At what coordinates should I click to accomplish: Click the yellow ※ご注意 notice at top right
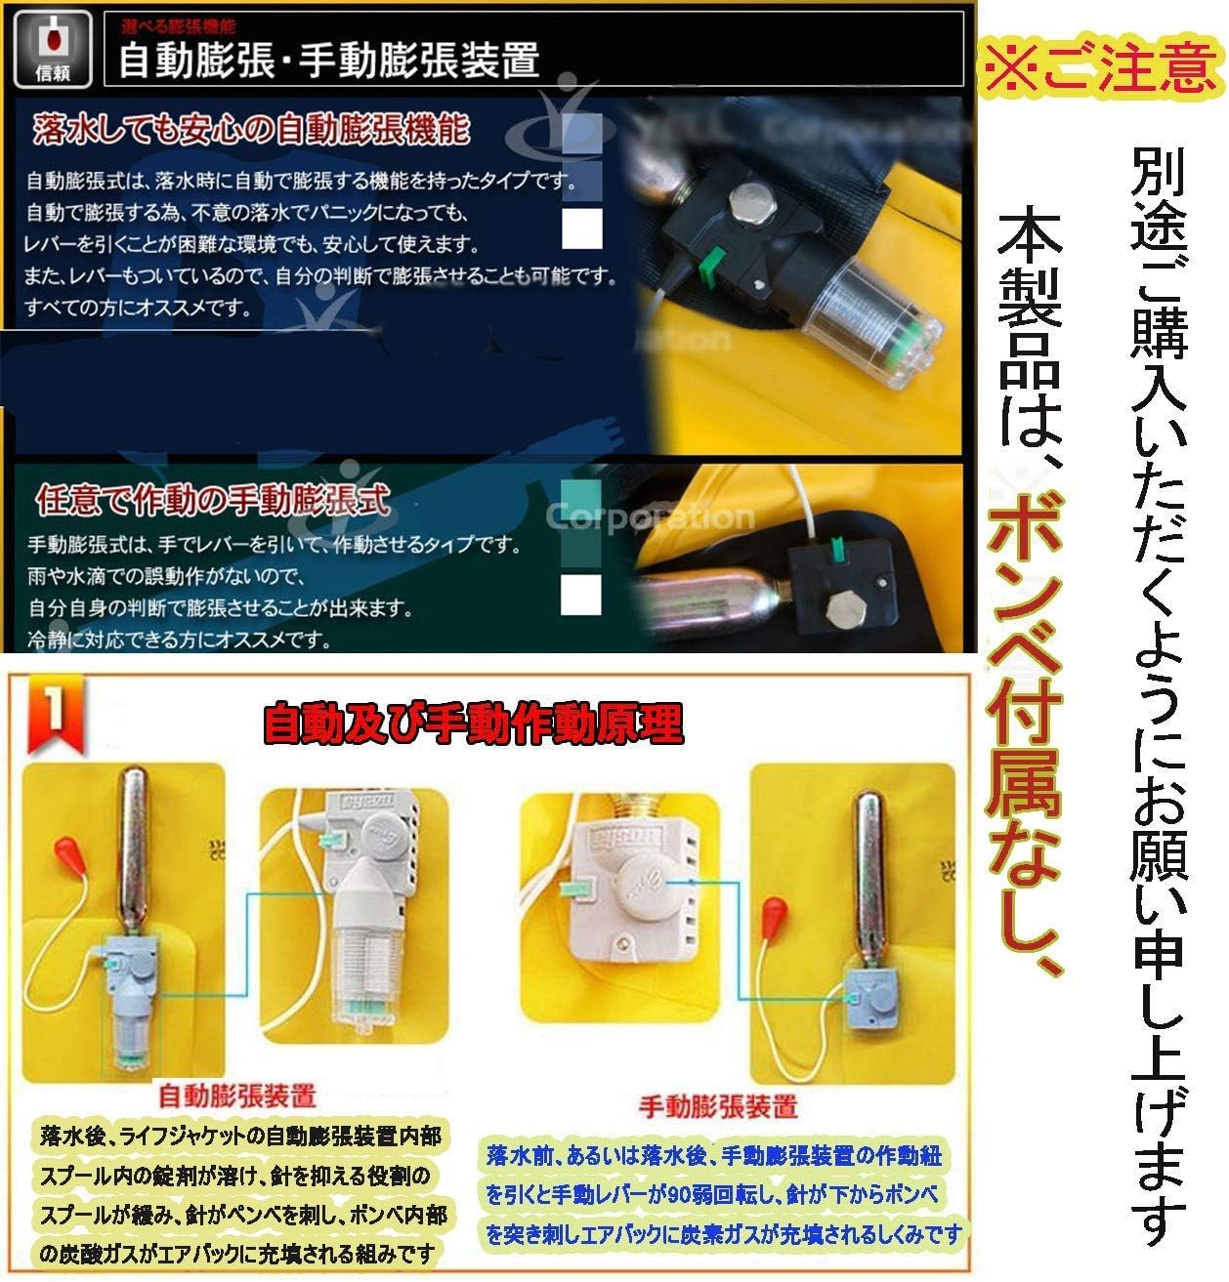(x=1102, y=65)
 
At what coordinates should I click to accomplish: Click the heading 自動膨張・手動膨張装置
(x=328, y=62)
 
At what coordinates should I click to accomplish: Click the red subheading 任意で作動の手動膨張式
(x=212, y=501)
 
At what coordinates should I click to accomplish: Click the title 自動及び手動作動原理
(x=473, y=724)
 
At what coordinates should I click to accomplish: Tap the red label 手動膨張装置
(x=718, y=1106)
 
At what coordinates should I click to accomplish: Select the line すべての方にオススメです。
(x=138, y=310)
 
